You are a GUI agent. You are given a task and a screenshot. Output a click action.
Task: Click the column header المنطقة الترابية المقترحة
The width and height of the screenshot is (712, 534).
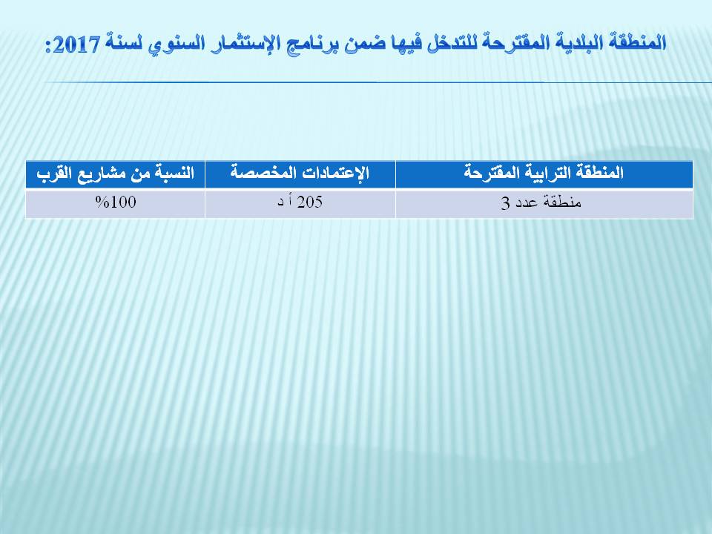544,173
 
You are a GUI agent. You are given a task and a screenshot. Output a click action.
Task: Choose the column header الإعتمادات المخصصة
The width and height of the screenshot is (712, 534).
300,173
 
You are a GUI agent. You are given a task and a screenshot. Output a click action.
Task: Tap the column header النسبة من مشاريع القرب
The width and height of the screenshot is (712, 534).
116,174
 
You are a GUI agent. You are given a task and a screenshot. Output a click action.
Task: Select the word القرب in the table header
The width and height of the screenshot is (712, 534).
54,174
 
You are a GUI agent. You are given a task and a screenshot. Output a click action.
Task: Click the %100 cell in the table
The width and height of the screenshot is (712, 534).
116,202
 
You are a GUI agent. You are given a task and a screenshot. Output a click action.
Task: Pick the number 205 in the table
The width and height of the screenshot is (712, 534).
310,202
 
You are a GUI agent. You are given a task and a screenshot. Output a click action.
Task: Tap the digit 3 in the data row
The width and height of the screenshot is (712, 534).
505,203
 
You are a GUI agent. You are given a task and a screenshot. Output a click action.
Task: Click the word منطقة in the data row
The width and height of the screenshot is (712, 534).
563,202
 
